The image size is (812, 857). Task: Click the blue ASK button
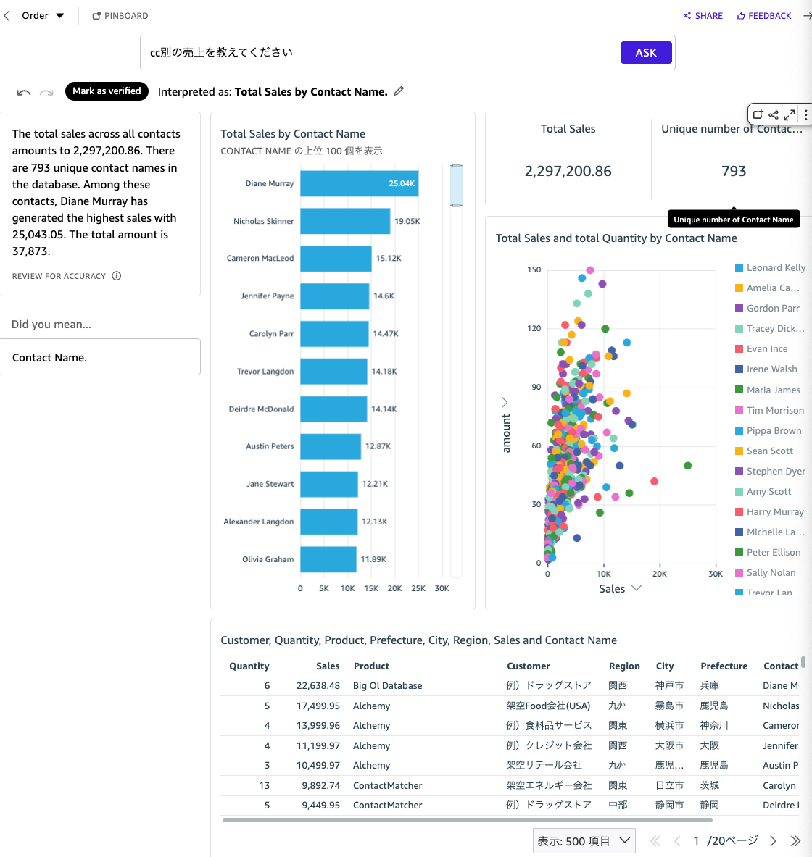click(x=645, y=52)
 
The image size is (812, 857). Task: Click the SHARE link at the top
click(x=703, y=16)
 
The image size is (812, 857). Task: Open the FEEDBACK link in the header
click(x=763, y=16)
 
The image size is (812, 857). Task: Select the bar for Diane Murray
click(x=359, y=184)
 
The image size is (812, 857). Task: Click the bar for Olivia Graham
click(x=328, y=559)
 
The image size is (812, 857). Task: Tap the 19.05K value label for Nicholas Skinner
click(x=407, y=221)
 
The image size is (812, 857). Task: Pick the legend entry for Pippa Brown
click(x=774, y=430)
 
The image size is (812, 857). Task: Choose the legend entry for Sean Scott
click(x=769, y=451)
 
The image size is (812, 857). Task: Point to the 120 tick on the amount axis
click(x=534, y=328)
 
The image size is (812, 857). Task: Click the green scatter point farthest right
click(x=687, y=466)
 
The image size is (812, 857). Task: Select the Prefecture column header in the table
click(x=724, y=666)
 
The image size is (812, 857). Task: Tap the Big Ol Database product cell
click(x=387, y=686)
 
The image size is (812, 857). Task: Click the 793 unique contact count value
click(x=733, y=171)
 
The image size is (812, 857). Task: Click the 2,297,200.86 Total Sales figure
click(x=568, y=171)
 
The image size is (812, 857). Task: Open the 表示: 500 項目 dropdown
click(x=584, y=841)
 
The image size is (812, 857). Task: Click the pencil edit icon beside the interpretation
click(x=399, y=91)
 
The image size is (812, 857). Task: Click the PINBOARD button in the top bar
click(x=120, y=16)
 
